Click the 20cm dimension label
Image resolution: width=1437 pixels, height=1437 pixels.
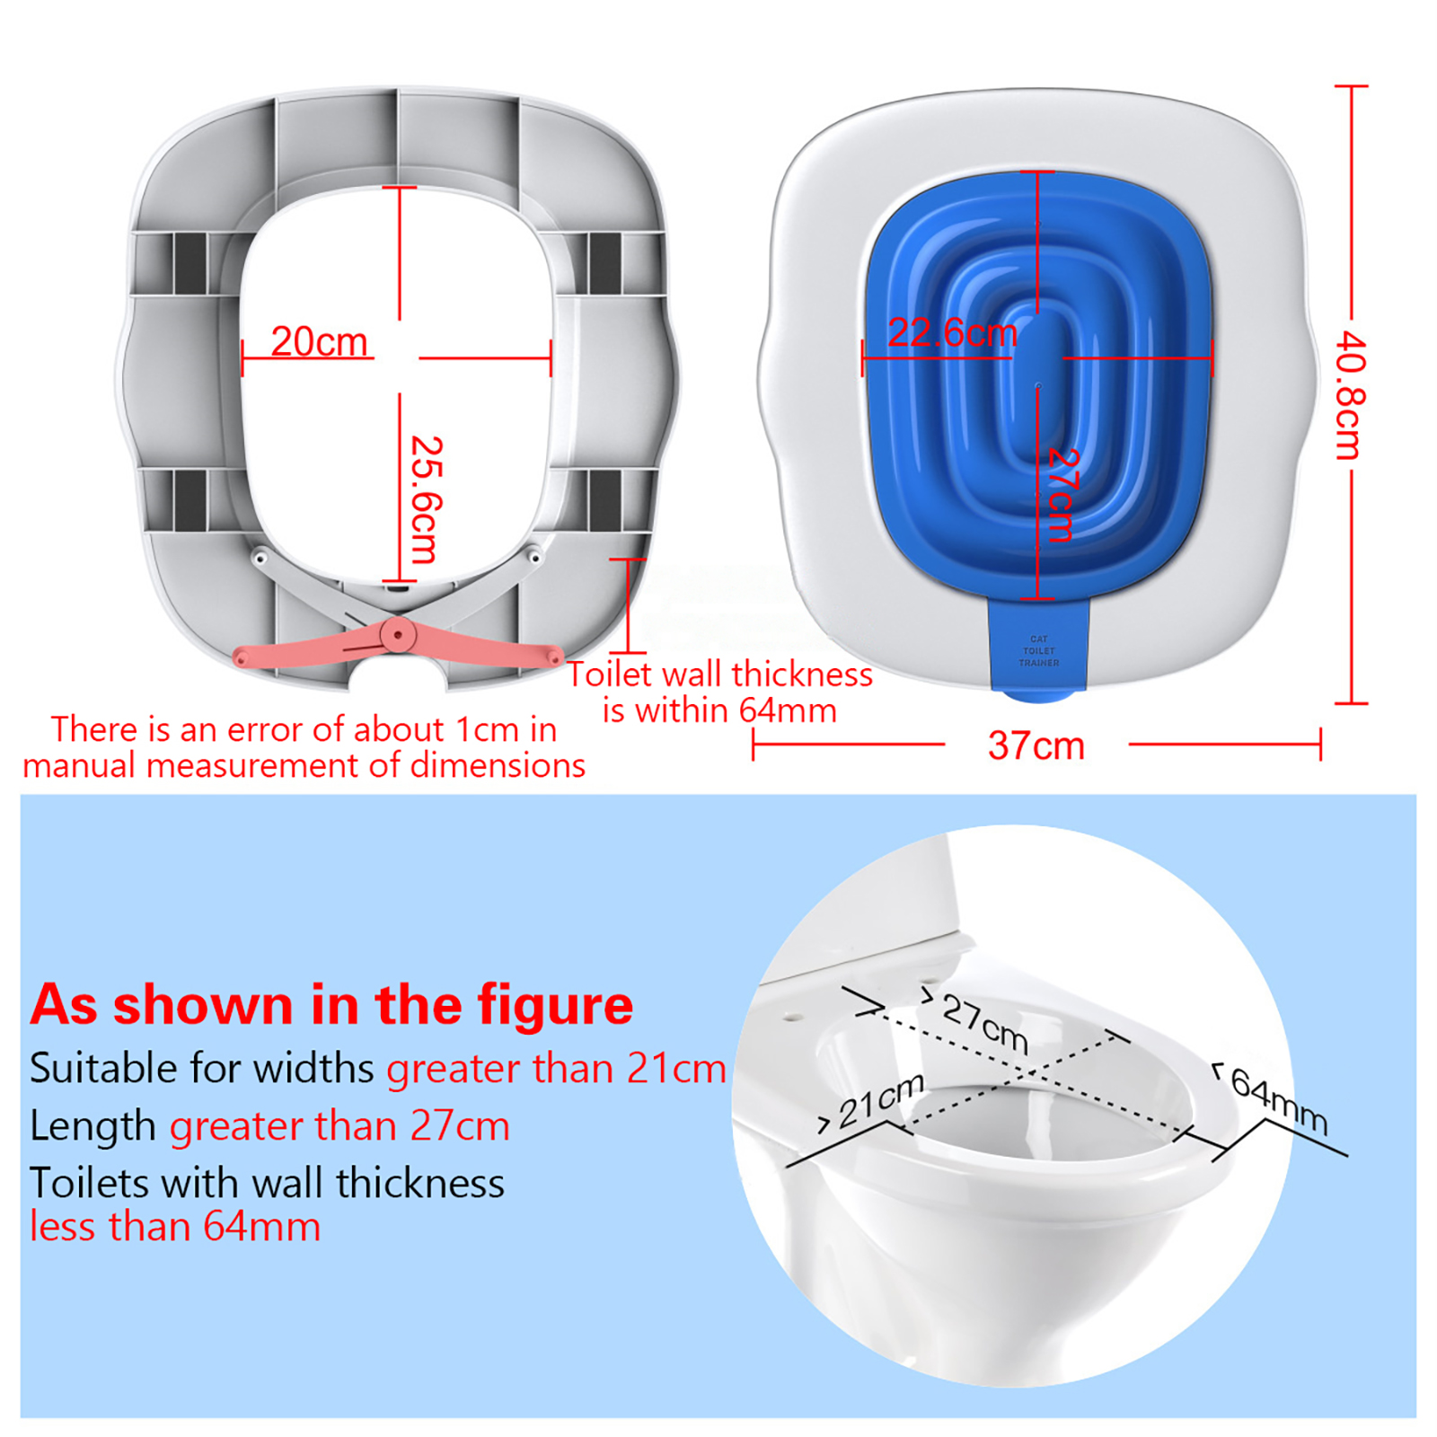tap(319, 341)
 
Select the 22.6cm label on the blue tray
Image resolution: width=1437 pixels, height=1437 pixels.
tap(952, 333)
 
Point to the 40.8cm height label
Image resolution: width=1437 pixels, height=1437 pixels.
tap(1351, 395)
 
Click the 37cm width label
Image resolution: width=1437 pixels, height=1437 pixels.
tap(1036, 745)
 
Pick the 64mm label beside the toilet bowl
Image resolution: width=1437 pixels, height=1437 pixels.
tap(1279, 1100)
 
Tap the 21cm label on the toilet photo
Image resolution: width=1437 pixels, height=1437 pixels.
tap(881, 1101)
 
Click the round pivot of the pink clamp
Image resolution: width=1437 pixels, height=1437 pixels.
tap(396, 636)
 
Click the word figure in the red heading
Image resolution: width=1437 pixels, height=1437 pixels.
tap(555, 1005)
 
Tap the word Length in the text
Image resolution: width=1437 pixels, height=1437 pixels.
tap(93, 1126)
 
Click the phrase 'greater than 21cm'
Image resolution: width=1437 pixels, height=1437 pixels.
tap(556, 1069)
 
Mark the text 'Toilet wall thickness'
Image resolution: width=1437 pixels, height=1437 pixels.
tap(720, 674)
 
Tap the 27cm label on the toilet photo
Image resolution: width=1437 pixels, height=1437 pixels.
tap(985, 1024)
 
